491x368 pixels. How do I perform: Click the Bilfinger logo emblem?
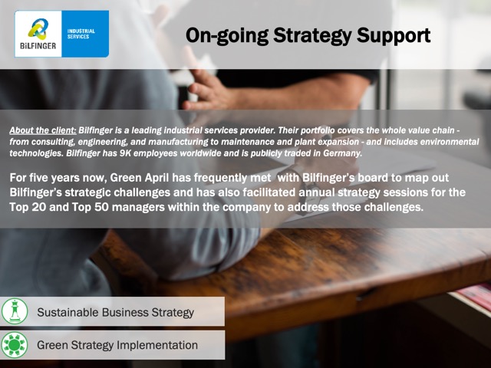tap(38, 29)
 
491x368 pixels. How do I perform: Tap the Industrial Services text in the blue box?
tap(81, 34)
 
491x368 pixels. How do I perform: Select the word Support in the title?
tap(394, 35)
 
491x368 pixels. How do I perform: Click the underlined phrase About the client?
tap(43, 130)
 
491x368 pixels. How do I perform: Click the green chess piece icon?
tap(15, 311)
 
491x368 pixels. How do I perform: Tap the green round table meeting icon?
tap(15, 345)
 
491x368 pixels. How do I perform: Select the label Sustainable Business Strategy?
tap(116, 312)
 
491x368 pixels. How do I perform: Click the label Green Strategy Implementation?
tap(117, 345)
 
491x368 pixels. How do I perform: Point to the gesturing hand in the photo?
tap(208, 90)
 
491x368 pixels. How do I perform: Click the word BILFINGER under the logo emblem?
tap(38, 46)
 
